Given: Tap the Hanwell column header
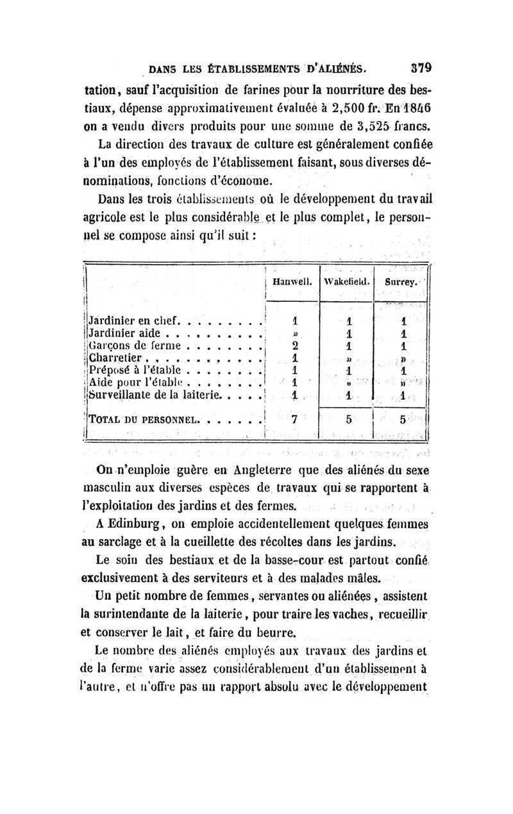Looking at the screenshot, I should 292,281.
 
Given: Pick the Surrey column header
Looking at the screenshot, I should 402,281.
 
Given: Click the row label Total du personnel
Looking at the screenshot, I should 140,422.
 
